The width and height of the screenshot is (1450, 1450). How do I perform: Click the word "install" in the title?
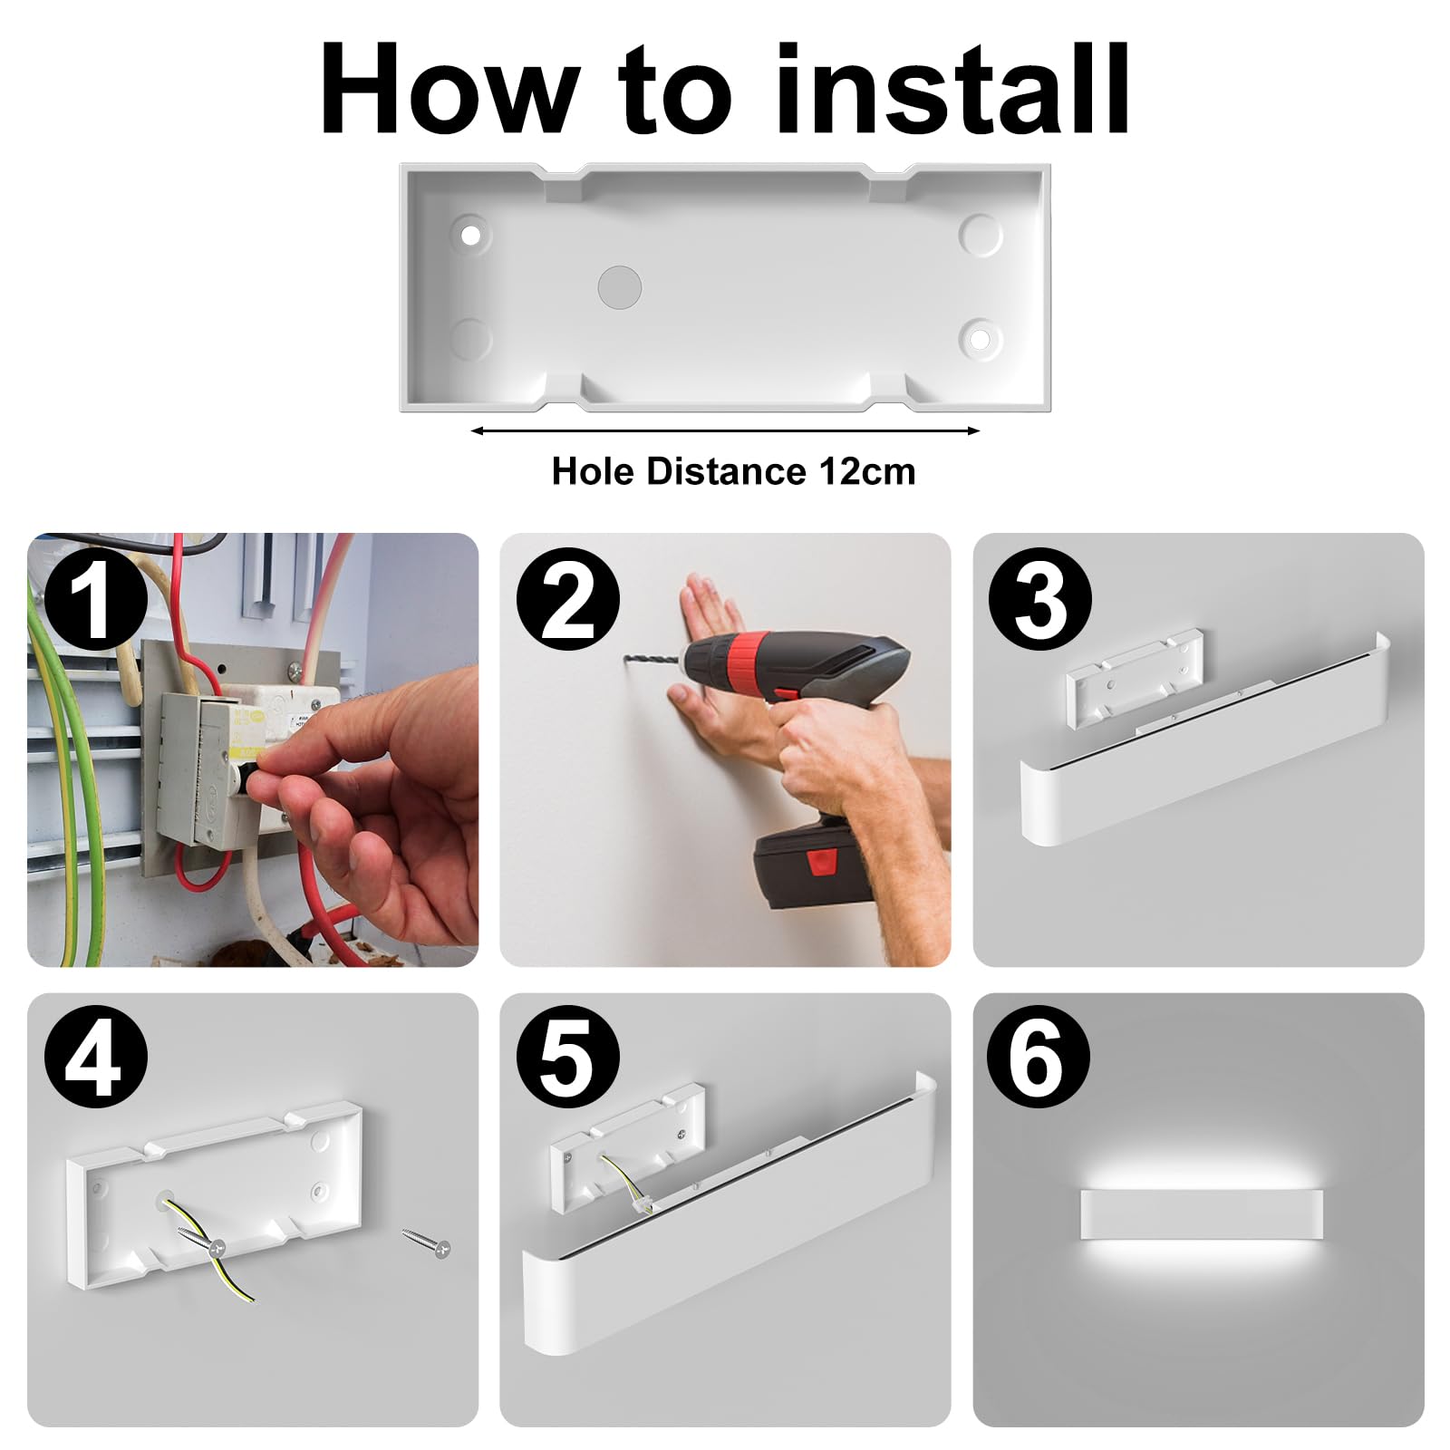952,89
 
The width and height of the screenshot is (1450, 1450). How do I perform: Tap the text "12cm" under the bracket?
867,471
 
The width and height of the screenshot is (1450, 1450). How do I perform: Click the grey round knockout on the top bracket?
620,287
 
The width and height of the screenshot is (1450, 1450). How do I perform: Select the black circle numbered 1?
95,600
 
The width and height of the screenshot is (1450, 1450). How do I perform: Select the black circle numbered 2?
568,600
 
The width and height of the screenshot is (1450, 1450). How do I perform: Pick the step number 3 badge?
1040,600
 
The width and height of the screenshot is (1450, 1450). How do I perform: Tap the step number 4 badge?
95,1059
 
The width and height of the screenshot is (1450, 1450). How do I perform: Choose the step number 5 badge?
568,1059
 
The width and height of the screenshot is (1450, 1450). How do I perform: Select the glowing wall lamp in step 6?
1201,1216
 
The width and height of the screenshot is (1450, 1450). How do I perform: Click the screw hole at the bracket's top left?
470,236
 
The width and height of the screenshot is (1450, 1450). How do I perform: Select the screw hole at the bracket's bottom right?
980,339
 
